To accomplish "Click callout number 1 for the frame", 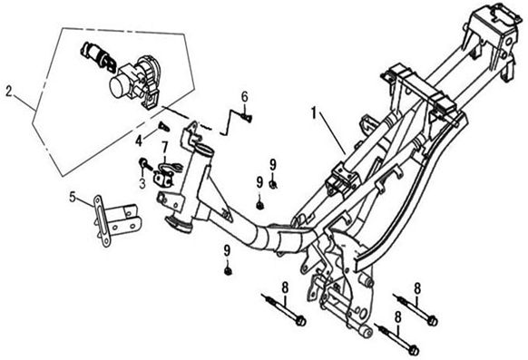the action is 314,113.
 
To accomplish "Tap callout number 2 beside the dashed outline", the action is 9,92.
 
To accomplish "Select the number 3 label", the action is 142,183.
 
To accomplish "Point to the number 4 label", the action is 139,141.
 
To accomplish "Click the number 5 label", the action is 73,197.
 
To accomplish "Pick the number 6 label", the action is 244,97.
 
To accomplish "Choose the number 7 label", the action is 165,147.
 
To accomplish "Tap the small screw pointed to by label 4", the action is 164,127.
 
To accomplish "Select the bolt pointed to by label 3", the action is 146,164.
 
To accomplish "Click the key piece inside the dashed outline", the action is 97,56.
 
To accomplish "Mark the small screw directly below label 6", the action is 247,117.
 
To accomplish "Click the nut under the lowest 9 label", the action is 228,270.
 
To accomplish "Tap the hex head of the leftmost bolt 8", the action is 300,321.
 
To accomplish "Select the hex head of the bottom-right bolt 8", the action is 414,350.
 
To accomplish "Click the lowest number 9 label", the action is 228,250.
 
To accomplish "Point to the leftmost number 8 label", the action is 285,288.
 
